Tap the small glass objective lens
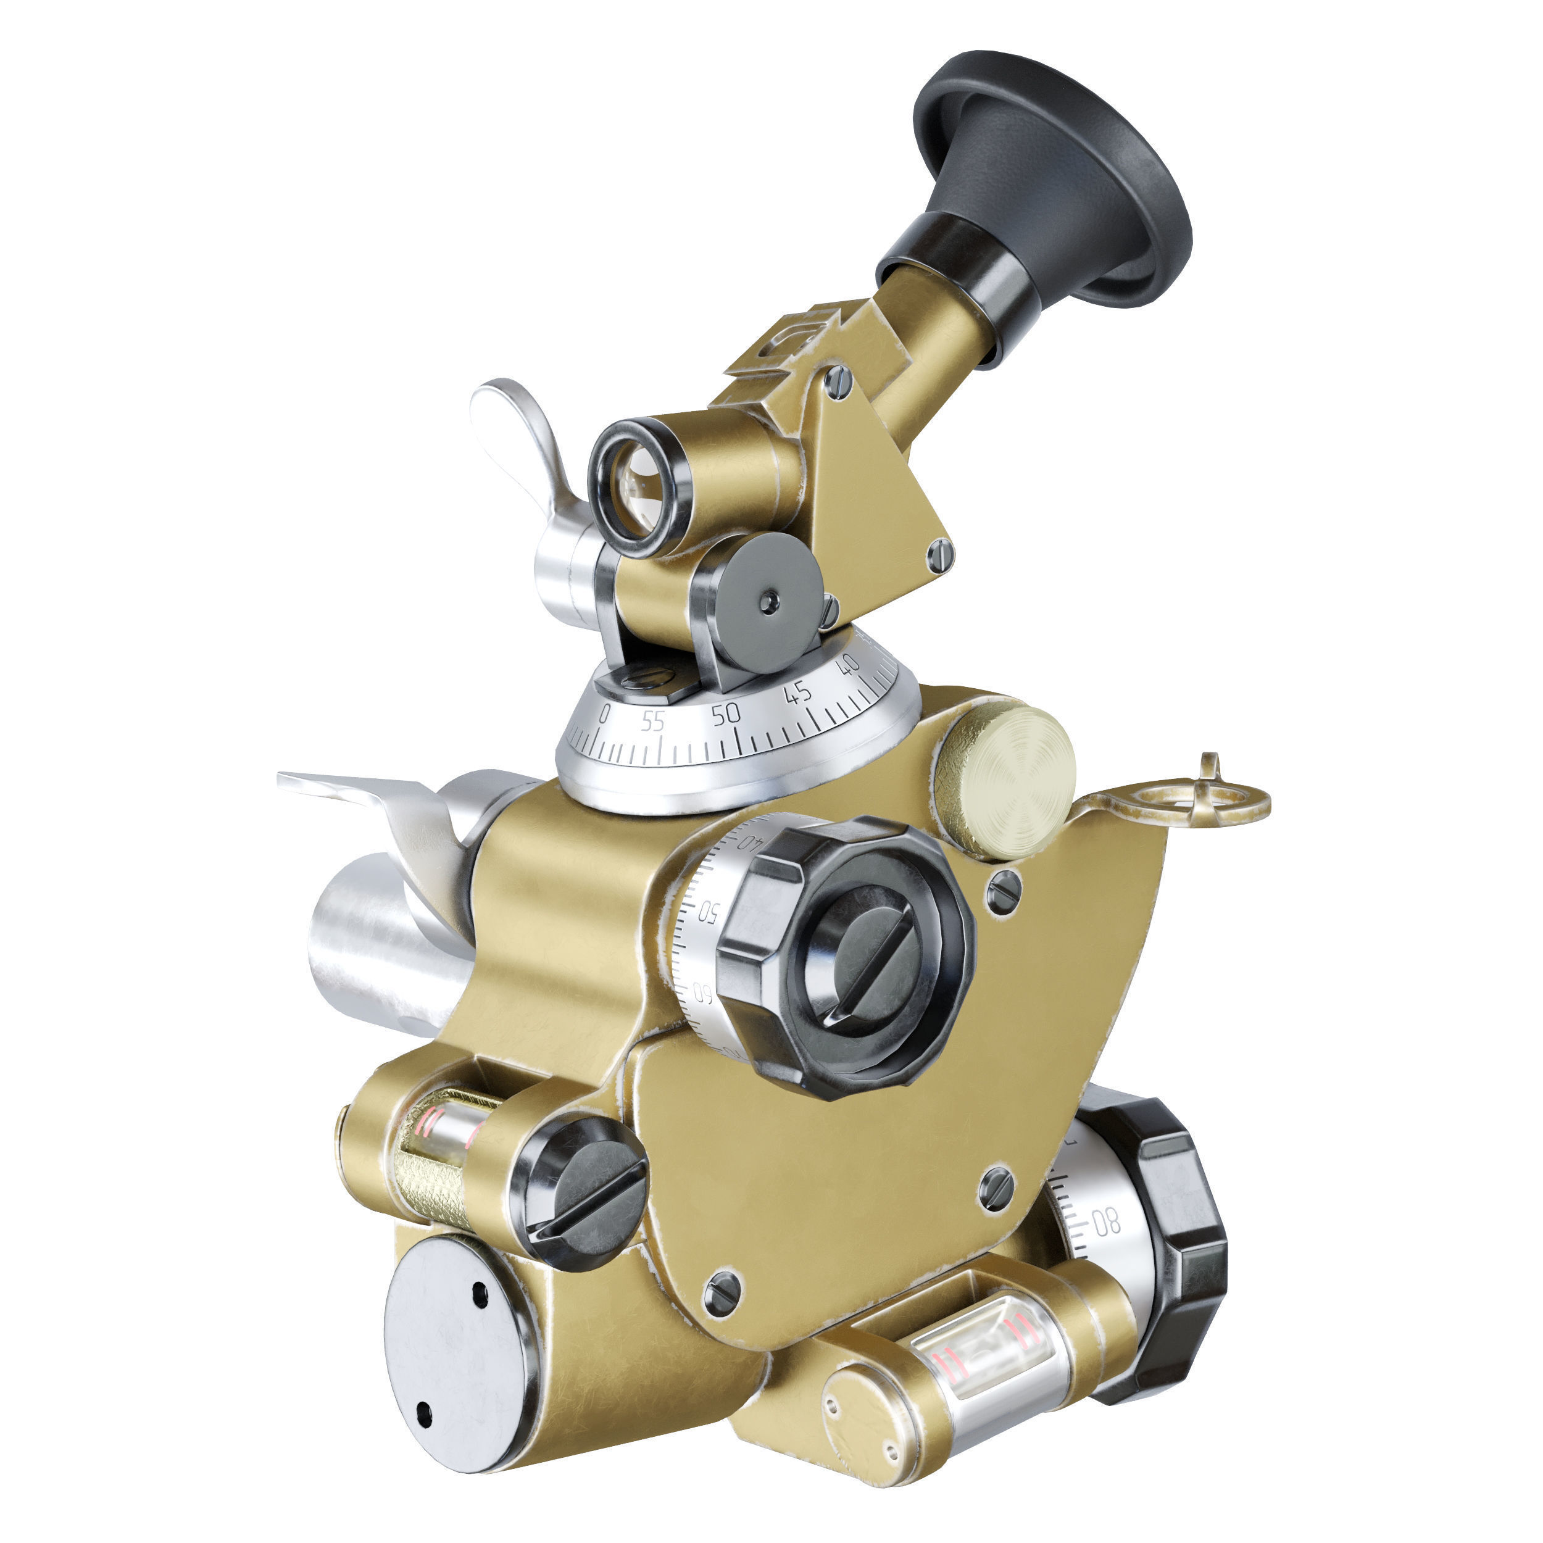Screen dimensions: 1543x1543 pos(639,489)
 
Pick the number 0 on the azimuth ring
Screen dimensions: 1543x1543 pos(604,714)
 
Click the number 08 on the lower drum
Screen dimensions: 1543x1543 pos(1105,1222)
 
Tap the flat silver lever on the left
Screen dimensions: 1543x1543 pos(351,791)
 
